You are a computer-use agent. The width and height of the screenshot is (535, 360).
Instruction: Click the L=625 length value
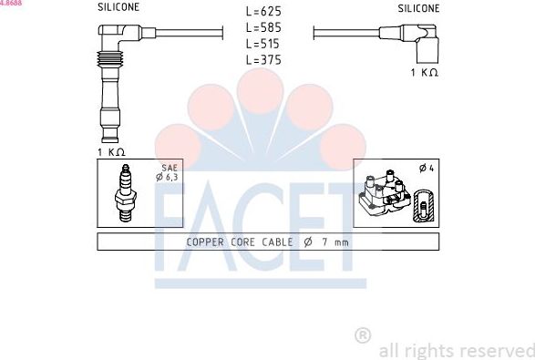click(263, 12)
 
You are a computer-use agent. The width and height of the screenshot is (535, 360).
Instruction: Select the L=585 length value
click(263, 28)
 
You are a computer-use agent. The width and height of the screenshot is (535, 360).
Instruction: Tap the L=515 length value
click(263, 44)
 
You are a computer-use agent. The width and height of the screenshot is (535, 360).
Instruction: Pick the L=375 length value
click(263, 60)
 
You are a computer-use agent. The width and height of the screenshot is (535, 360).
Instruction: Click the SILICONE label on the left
click(118, 7)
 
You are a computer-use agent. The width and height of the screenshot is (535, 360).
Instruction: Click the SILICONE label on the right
click(418, 7)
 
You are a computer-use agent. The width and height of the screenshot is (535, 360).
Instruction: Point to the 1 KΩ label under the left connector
click(111, 151)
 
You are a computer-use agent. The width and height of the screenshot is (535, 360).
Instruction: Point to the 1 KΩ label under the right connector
click(424, 71)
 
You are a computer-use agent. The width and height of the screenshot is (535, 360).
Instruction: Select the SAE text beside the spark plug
click(169, 168)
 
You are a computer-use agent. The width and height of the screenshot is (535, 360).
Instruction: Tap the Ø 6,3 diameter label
click(168, 177)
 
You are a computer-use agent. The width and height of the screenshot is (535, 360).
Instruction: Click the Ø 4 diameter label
click(425, 168)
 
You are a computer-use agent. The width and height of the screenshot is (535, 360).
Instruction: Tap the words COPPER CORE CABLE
click(240, 242)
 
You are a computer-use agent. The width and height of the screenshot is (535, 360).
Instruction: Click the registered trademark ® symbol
click(362, 336)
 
